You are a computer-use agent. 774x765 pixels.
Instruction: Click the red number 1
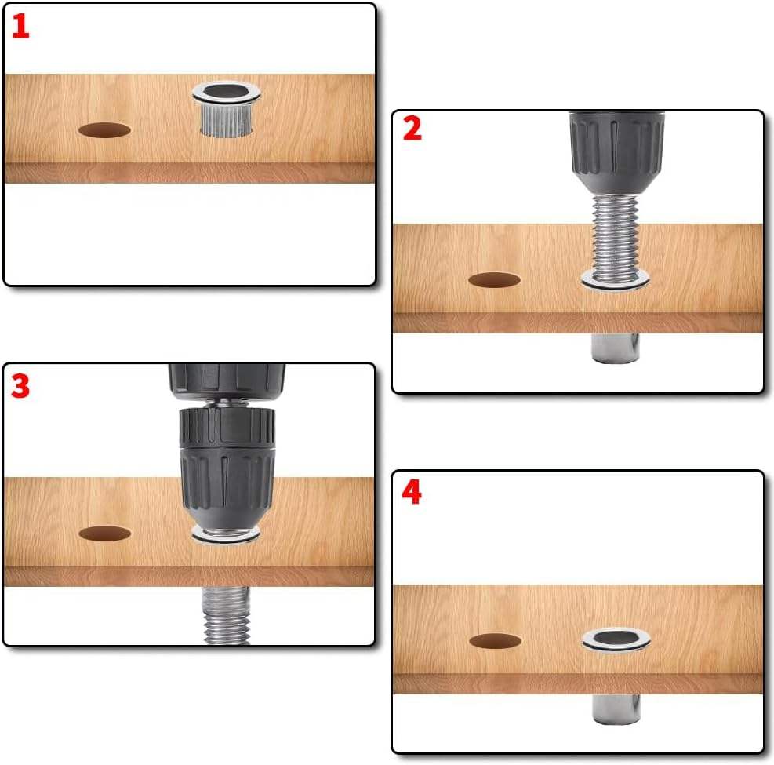pos(20,27)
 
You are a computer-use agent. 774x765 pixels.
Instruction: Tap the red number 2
pos(412,129)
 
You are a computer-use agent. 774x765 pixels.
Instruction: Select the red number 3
pos(20,386)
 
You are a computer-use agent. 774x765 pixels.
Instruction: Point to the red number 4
pos(412,493)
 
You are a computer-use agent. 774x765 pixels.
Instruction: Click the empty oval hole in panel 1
pos(104,130)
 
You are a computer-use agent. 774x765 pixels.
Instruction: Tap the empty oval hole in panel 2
pos(494,280)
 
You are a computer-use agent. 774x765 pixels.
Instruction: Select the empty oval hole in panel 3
pos(104,534)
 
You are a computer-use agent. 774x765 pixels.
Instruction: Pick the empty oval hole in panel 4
pos(495,641)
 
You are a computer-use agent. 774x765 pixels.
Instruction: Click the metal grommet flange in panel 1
pos(226,93)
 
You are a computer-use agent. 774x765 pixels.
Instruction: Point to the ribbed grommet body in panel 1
pos(226,120)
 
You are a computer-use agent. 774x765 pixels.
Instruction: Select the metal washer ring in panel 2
pos(615,282)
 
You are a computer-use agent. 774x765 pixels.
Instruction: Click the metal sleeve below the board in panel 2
pos(615,348)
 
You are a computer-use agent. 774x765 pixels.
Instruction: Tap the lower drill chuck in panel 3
pos(227,468)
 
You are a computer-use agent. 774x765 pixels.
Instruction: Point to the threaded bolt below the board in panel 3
pos(226,615)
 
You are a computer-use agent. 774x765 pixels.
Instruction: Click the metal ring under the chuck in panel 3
pos(226,535)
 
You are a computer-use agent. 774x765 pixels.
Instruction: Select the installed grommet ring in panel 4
pos(616,640)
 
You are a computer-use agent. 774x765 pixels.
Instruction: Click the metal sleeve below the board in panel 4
pos(616,709)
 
